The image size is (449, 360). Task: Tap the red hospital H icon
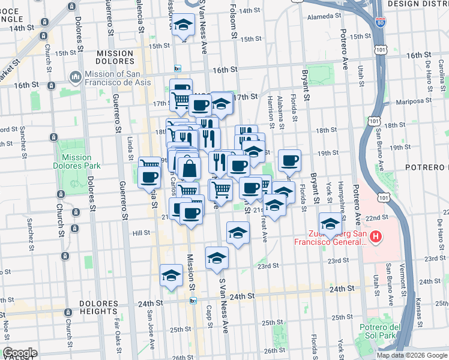pos(376,238)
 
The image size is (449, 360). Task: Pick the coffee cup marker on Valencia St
pos(149,177)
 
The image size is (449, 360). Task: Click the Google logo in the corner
pos(20,353)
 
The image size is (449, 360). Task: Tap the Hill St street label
pos(141,232)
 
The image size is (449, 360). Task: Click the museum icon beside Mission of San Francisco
pos(75,77)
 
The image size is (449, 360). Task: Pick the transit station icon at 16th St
pos(177,68)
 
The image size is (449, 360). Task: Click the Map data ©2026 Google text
pos(411,355)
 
